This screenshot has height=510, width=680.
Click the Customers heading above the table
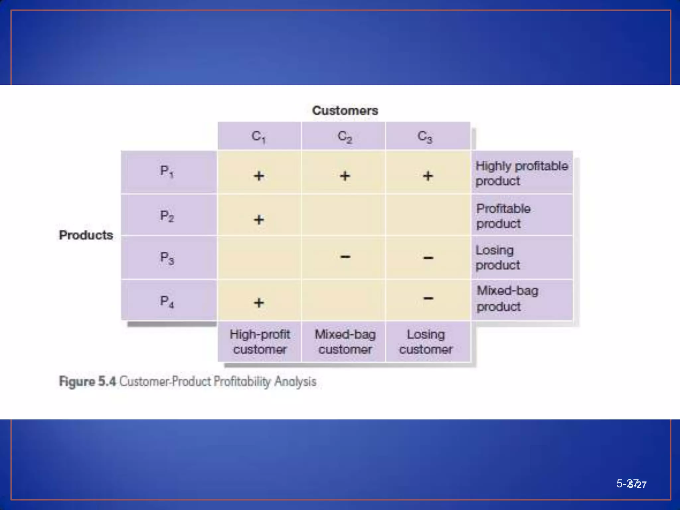(345, 111)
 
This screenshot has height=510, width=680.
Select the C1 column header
(259, 136)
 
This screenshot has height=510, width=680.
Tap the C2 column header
(345, 136)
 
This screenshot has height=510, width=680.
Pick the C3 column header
(425, 136)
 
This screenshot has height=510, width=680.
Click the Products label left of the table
(86, 235)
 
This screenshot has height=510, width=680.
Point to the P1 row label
(167, 171)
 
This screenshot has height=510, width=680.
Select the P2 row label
(167, 216)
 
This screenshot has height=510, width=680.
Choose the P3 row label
(167, 258)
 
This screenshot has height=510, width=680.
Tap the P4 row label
(167, 301)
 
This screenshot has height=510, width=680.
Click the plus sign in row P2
(259, 219)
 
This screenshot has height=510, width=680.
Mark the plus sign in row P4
(259, 302)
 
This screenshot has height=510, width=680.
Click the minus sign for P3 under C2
(345, 257)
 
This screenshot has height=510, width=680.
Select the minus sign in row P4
(428, 298)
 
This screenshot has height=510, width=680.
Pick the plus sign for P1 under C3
(428, 176)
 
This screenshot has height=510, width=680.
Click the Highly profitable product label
(521, 173)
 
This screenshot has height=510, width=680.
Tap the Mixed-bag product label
(507, 298)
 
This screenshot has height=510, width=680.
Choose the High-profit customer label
(260, 342)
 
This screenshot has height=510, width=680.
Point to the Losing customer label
(426, 342)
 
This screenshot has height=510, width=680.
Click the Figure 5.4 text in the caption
(87, 381)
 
